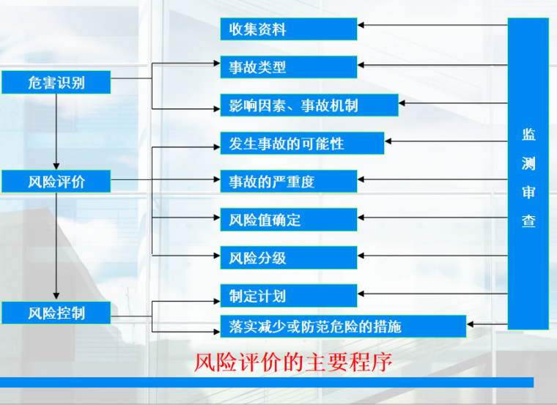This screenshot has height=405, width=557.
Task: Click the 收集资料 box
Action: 289,29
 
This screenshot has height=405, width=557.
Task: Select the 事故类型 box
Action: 289,67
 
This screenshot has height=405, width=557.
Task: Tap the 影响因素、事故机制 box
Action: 309,105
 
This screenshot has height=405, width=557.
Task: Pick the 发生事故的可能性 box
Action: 302,143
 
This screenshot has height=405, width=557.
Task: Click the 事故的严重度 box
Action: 289,182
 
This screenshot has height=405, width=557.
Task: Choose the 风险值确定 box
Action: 289,220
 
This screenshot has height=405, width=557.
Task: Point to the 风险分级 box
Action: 289,257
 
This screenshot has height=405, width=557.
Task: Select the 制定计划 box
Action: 289,296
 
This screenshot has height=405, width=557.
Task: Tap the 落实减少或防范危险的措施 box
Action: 343,326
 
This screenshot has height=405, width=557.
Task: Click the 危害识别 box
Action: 56,82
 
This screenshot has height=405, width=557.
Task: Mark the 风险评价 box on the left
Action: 56,182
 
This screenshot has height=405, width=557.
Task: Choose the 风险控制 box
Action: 56,313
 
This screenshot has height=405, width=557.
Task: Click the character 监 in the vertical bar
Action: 528,135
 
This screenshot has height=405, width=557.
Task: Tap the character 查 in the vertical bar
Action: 528,220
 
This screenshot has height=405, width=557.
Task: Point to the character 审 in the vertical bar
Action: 528,192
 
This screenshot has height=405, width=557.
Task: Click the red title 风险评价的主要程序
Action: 293,362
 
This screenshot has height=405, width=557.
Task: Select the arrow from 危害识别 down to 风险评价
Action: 56,132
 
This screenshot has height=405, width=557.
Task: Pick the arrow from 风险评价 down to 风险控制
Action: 56,246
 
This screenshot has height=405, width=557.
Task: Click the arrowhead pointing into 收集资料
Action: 361,25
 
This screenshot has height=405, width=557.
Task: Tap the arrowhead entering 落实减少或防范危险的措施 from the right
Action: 470,324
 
